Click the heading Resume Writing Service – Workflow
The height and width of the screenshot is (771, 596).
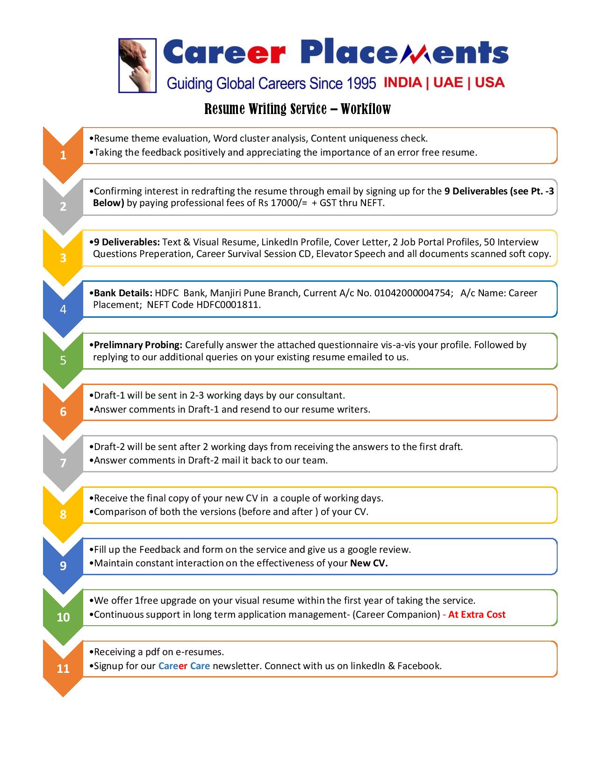(x=298, y=109)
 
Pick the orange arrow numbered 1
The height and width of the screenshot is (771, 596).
(x=63, y=155)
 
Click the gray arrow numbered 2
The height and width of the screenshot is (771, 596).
(x=63, y=206)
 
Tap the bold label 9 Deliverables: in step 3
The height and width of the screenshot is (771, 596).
(x=126, y=242)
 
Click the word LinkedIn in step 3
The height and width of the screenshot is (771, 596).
(x=283, y=242)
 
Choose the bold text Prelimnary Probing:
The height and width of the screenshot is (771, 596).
(x=138, y=345)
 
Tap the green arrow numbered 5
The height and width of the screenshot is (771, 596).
(x=63, y=360)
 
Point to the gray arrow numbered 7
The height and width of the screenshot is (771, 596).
(x=63, y=463)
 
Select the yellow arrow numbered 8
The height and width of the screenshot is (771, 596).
(x=63, y=514)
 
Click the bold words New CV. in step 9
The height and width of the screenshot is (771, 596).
(x=369, y=563)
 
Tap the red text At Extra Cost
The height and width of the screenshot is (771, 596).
(x=476, y=614)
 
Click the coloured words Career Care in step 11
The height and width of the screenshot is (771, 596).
(x=184, y=666)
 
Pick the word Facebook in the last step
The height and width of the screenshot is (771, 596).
(x=419, y=666)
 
